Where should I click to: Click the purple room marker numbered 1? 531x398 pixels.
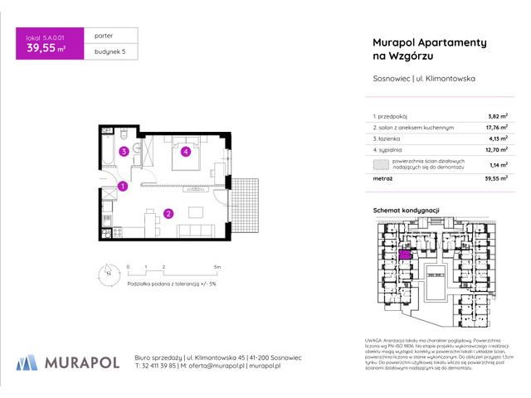(x=122, y=187)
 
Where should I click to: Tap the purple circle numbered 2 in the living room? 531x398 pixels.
(x=168, y=213)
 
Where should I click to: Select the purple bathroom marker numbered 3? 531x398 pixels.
(x=123, y=152)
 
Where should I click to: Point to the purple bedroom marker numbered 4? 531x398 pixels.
(x=187, y=152)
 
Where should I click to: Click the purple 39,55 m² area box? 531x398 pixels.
(x=47, y=46)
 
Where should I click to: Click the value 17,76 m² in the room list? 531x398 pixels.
(x=496, y=128)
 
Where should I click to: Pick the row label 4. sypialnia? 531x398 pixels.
(x=391, y=151)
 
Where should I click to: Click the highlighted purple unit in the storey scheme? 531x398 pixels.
(x=405, y=255)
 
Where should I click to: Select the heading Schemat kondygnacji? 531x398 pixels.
(x=406, y=212)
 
